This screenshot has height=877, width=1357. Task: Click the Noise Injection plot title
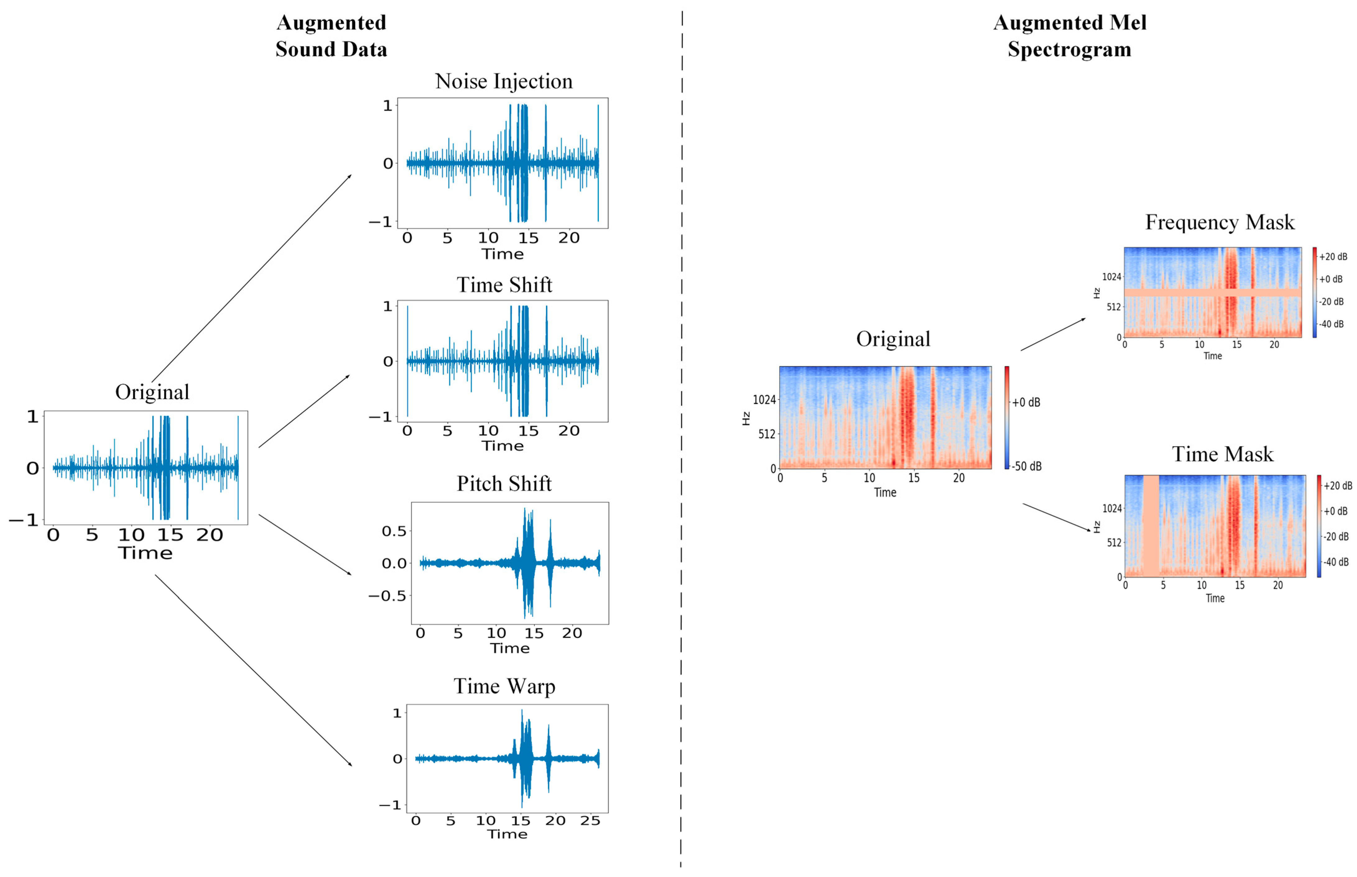pyautogui.click(x=504, y=81)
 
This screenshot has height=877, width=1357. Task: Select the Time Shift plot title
pyautogui.click(x=504, y=285)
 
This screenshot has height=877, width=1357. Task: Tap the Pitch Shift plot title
pyautogui.click(x=504, y=484)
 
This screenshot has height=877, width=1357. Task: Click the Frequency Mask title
pyautogui.click(x=1220, y=222)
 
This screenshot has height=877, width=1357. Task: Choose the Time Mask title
pyautogui.click(x=1222, y=454)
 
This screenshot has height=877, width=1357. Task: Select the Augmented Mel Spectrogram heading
pyautogui.click(x=1069, y=36)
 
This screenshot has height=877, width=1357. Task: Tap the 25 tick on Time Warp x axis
pyautogui.click(x=590, y=821)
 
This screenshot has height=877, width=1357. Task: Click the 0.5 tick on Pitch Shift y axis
pyautogui.click(x=394, y=531)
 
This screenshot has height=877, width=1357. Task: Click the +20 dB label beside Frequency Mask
pyautogui.click(x=1333, y=257)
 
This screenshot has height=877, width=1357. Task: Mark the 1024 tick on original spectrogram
pyautogui.click(x=764, y=400)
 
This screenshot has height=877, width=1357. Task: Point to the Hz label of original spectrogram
pyautogui.click(x=746, y=419)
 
